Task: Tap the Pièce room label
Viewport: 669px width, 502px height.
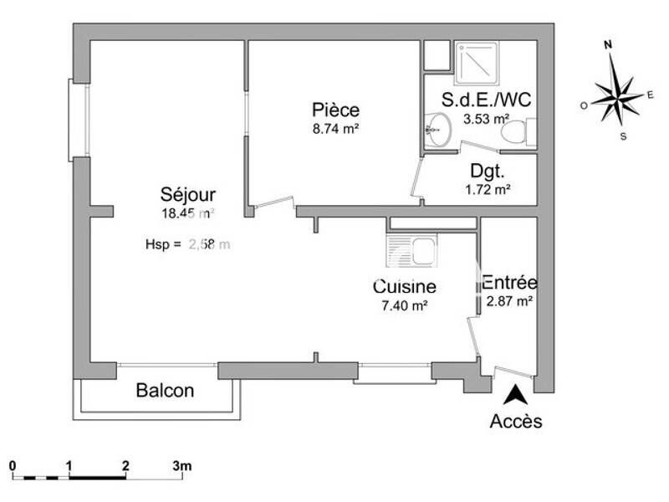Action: click(x=335, y=110)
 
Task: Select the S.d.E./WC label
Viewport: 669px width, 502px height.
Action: click(x=486, y=100)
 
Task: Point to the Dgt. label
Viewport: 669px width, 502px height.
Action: click(x=487, y=172)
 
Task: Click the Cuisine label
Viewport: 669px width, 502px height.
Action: click(x=404, y=287)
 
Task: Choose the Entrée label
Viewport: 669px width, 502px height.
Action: click(x=510, y=283)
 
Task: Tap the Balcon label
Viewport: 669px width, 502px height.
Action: click(x=165, y=390)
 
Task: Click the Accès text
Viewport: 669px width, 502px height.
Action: click(x=515, y=421)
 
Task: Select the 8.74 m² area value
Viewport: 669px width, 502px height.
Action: click(x=335, y=129)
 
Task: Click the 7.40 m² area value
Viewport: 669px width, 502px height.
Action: click(x=404, y=305)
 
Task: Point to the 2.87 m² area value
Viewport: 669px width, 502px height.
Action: click(x=510, y=300)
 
